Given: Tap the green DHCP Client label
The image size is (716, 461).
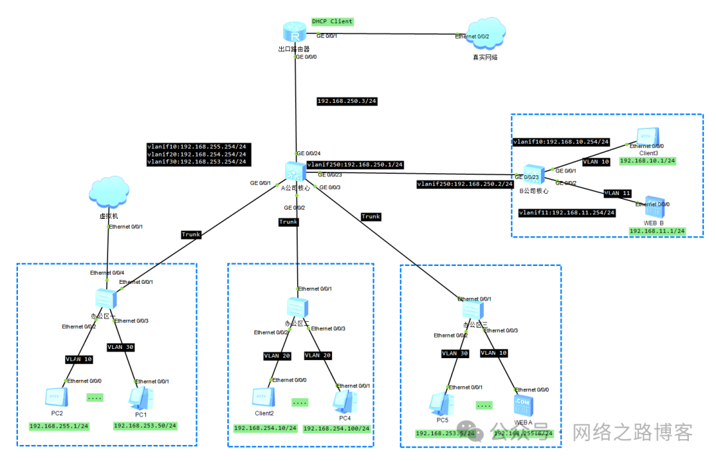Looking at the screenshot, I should point(333,22).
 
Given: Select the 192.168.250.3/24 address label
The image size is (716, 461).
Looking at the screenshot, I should point(347,101).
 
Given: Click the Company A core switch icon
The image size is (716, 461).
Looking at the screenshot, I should point(294,171).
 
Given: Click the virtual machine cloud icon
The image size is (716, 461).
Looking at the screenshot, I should point(108,194).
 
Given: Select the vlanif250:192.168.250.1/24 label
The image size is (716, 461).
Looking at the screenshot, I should point(355,165).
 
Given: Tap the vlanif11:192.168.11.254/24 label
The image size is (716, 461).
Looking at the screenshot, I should point(567,213).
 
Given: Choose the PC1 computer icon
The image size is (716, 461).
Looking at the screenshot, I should point(141,398).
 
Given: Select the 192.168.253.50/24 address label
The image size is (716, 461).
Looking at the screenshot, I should point(145,426).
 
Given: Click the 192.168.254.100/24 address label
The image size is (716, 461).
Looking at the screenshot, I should point(336,429).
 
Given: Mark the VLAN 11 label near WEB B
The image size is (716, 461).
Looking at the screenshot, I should point(617,194).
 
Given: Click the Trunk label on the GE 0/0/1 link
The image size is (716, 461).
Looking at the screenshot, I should point(191,234).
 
